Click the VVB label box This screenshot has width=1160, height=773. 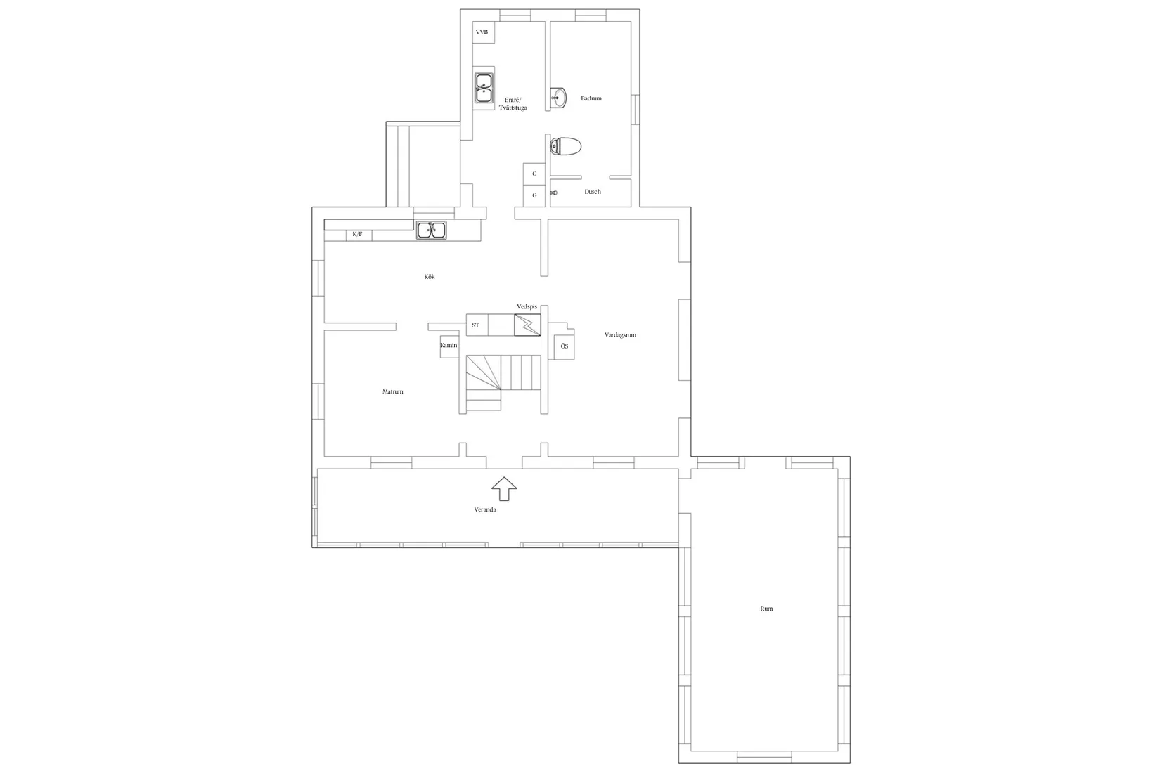point(483,32)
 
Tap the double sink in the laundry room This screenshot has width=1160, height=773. point(484,88)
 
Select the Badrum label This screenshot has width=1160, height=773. point(591,98)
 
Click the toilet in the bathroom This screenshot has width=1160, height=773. point(565,147)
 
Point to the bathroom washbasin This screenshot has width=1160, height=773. point(558,98)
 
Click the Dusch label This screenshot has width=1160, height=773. point(593,192)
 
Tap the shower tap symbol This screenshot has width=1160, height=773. point(553,193)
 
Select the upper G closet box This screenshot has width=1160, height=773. point(534,174)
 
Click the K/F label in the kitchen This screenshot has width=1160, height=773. point(357,234)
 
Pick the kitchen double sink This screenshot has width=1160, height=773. point(432,230)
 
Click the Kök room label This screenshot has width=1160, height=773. point(430,277)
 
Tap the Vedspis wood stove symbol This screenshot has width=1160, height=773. point(527,325)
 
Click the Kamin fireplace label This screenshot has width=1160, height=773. point(449,345)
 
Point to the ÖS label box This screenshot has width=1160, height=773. point(564,346)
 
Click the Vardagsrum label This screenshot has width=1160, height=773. point(620,335)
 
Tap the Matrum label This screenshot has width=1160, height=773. point(392,392)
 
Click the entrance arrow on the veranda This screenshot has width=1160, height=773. point(504,489)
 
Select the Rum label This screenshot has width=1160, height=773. point(766,609)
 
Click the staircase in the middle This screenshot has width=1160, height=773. point(503,382)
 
